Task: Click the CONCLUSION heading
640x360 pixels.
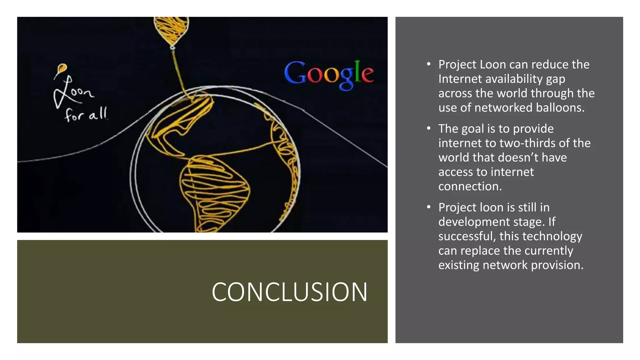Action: (289, 292)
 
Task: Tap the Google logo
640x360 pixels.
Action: (329, 74)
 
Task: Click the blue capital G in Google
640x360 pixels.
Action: (295, 72)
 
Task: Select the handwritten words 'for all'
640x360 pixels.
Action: (86, 114)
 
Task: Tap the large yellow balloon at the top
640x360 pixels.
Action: (171, 30)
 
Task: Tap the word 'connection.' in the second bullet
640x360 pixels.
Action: (470, 186)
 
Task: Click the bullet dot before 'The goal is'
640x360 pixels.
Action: (429, 128)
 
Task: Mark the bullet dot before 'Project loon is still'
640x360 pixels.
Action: (429, 207)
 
